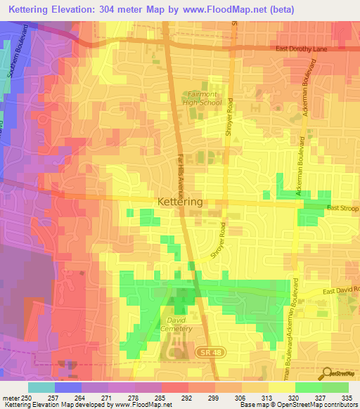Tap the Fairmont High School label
pyautogui.click(x=202, y=98)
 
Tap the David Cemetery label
pyautogui.click(x=179, y=325)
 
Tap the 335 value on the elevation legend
pyautogui.click(x=345, y=397)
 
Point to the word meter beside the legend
pyautogui.click(x=11, y=397)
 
